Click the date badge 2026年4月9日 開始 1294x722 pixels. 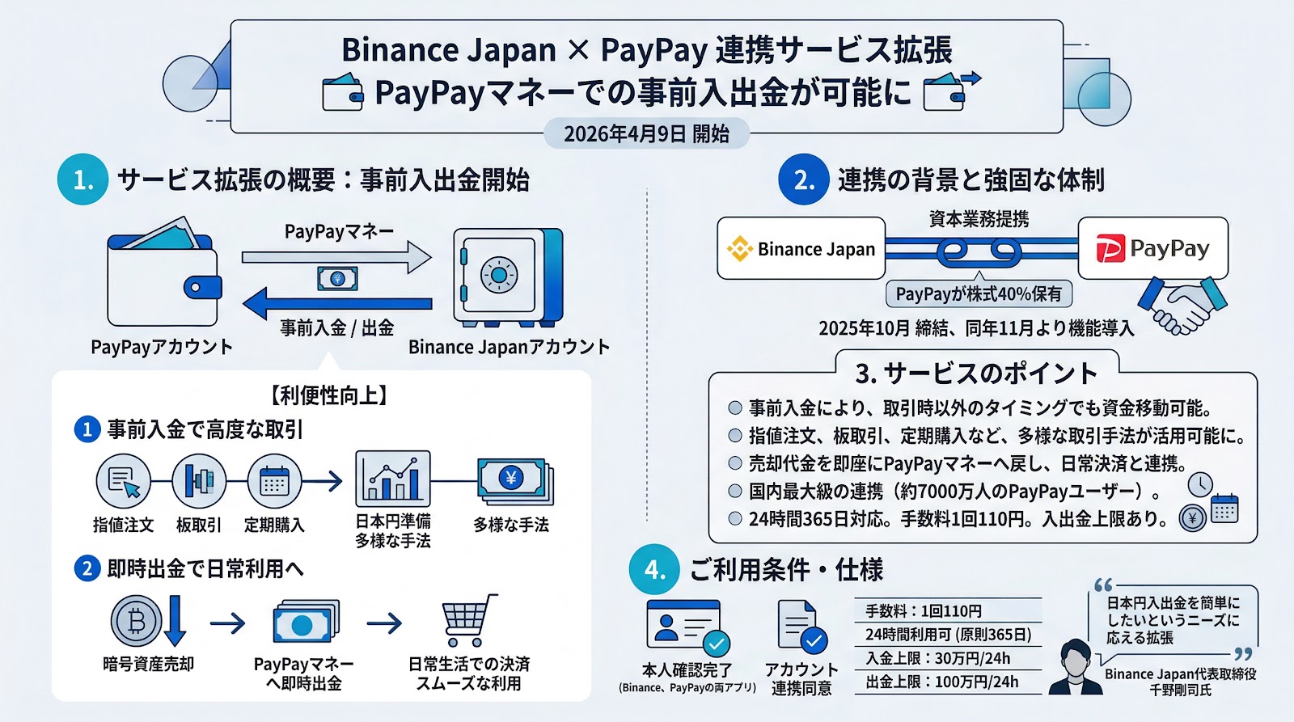point(646,133)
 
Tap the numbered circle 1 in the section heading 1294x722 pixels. point(83,179)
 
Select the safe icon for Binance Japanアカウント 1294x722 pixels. point(508,277)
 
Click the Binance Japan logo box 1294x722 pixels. point(801,249)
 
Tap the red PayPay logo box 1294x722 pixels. point(1152,248)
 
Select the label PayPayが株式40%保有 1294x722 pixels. point(978,294)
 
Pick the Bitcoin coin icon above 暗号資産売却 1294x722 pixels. point(137,621)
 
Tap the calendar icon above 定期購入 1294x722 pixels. point(274,481)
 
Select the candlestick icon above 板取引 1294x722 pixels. point(199,481)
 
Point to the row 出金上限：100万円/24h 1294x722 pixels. point(942,682)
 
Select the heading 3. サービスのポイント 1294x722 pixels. point(976,373)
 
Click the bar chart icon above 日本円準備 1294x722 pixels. point(393,479)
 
